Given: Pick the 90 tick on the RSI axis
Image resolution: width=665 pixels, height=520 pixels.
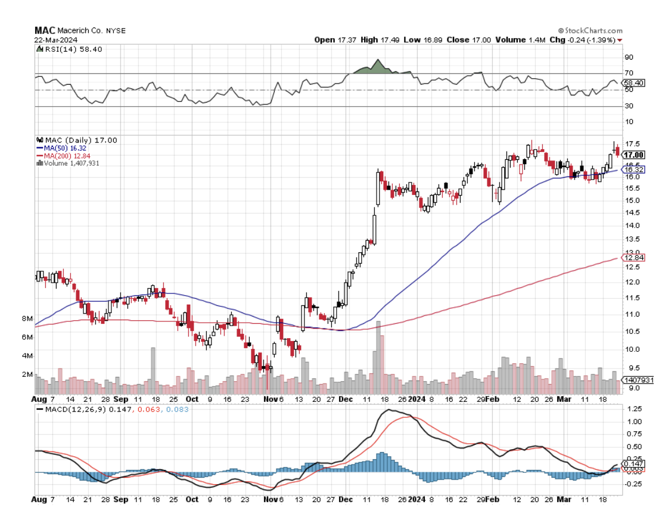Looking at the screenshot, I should (x=628, y=57).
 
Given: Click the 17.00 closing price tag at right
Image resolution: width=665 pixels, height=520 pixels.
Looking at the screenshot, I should (x=630, y=154).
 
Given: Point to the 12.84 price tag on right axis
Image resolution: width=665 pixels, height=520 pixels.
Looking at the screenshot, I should (x=630, y=257).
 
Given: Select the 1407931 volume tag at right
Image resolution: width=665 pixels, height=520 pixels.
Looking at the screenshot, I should (x=638, y=380).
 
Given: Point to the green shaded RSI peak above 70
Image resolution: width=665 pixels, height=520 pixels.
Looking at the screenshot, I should (x=377, y=67).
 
